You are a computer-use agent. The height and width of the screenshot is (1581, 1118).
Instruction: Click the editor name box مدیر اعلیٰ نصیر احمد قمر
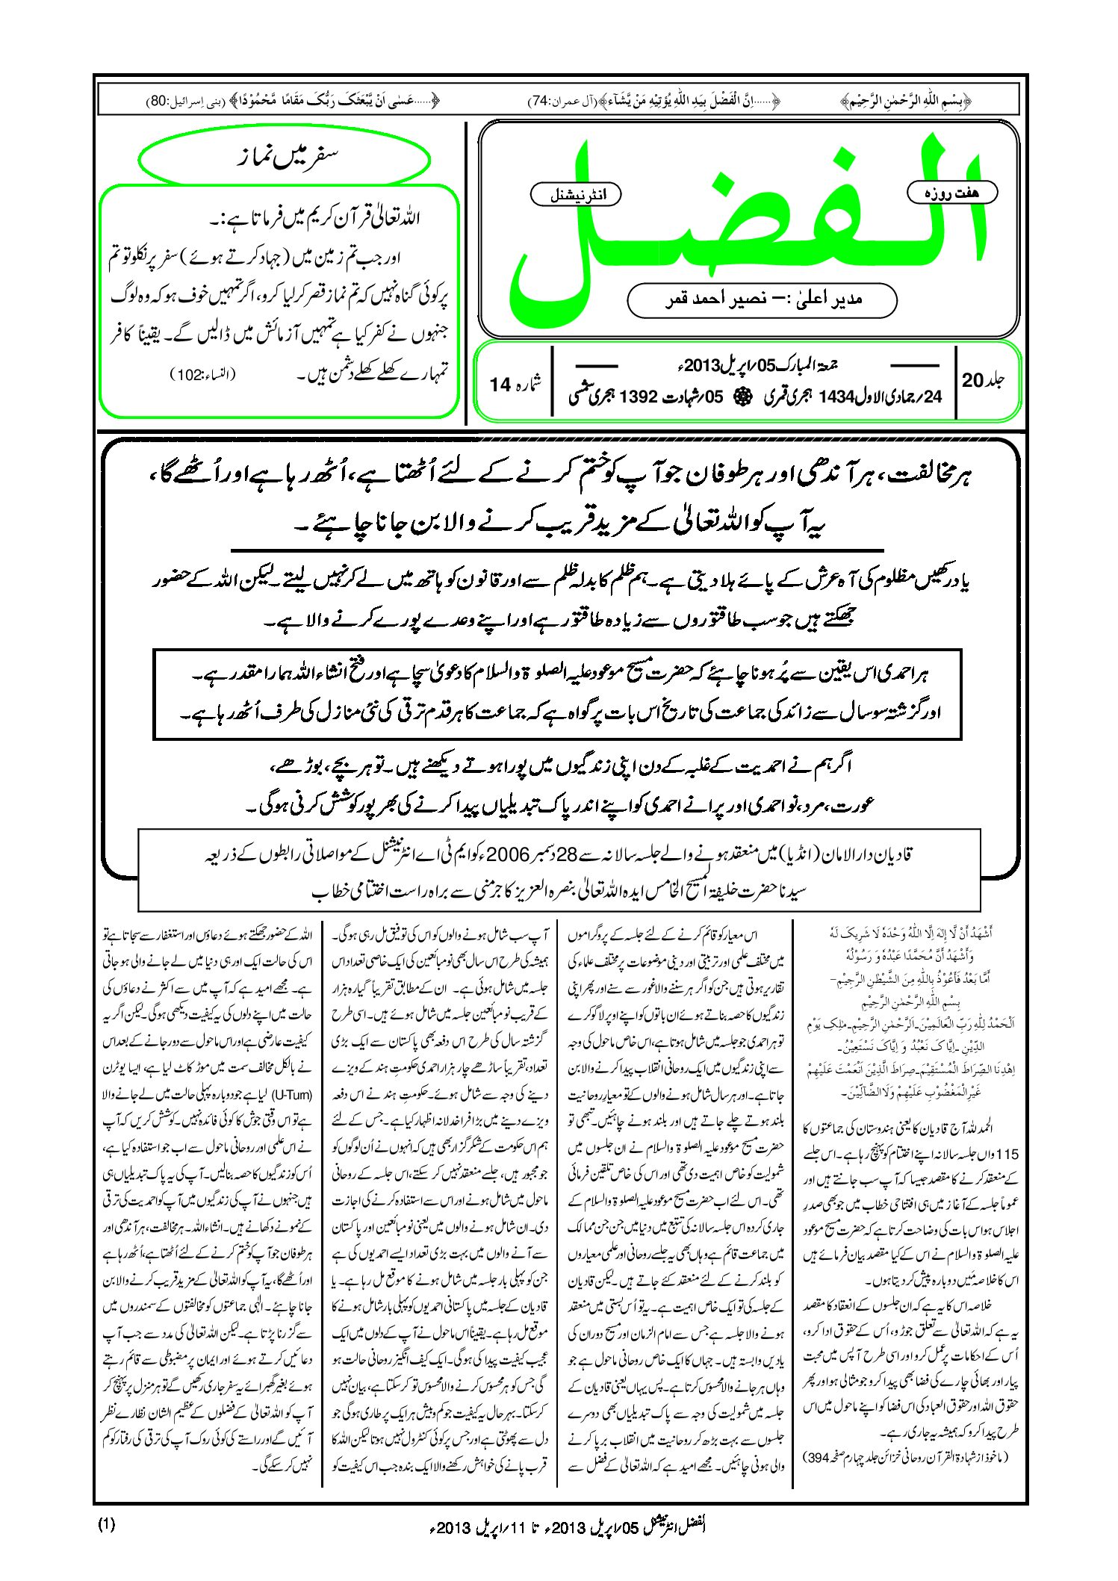[x=761, y=300]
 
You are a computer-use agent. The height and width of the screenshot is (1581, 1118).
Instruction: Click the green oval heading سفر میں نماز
[x=285, y=159]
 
